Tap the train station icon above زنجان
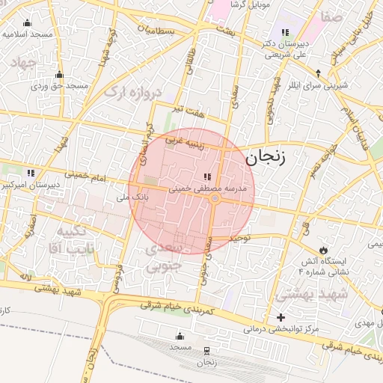(206, 350)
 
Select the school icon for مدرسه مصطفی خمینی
(206, 177)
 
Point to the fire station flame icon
(322, 249)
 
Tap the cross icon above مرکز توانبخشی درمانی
(281, 317)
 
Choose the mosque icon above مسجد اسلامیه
(28, 22)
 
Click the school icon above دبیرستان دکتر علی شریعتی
(285, 32)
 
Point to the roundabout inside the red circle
(215, 198)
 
